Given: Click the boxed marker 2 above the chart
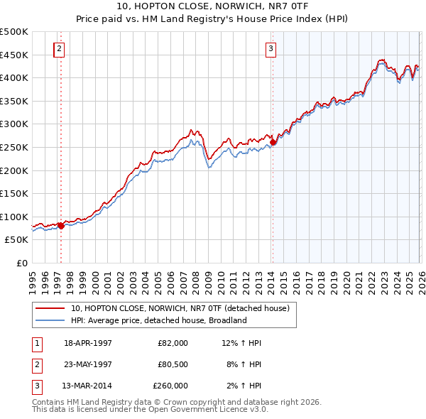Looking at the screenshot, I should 59,49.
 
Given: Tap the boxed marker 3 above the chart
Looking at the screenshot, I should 271,49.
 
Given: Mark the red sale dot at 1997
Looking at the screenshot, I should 61,225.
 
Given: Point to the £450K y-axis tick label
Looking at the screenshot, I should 14,55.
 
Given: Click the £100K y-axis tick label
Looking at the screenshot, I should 14,217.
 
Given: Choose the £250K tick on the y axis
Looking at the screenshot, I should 14,147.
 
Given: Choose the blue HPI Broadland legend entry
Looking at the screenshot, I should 158,320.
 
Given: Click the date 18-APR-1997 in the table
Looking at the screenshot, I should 88,343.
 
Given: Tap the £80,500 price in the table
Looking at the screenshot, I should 170,364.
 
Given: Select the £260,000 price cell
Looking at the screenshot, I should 170,386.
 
